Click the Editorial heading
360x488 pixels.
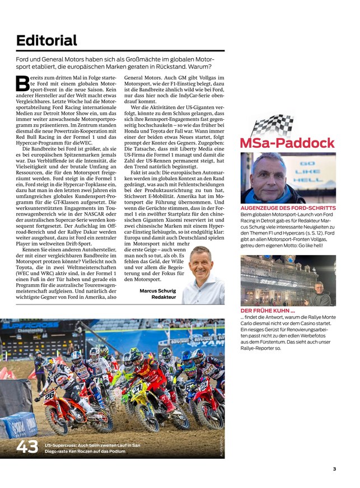click(46, 40)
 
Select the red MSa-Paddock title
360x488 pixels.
click(287, 143)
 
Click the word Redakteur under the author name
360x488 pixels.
click(163, 298)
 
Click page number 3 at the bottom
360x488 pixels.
click(334, 469)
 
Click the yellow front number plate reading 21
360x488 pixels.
click(137, 387)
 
